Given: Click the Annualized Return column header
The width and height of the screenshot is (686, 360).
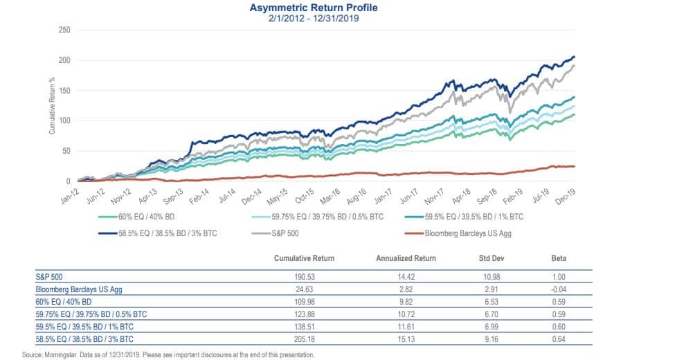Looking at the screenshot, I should (x=406, y=258).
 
